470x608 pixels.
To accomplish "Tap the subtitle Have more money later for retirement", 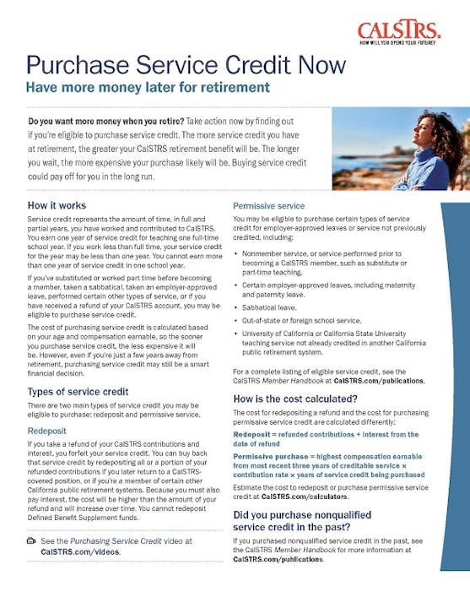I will [x=148, y=88].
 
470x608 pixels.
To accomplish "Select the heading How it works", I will [x=56, y=205].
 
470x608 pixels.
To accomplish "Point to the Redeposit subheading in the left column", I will [x=52, y=430].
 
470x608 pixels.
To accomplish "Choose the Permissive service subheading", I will [x=268, y=205].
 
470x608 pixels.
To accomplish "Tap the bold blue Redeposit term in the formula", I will [x=254, y=433].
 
